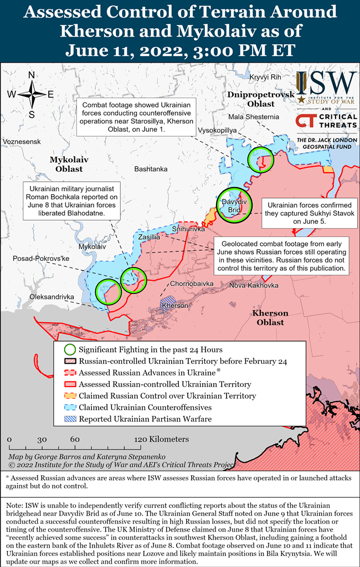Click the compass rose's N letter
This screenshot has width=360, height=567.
tap(32, 76)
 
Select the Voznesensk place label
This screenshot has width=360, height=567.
tap(22, 142)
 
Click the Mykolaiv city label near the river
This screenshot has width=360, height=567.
tap(92, 246)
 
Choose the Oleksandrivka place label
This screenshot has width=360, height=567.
tap(52, 297)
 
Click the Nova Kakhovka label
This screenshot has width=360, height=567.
tap(254, 286)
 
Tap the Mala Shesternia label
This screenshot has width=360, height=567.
tap(254, 116)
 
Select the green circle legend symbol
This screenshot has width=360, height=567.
tap(70, 349)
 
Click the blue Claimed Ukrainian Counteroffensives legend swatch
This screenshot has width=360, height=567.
tap(70, 408)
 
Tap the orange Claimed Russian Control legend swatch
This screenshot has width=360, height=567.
tap(70, 396)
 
